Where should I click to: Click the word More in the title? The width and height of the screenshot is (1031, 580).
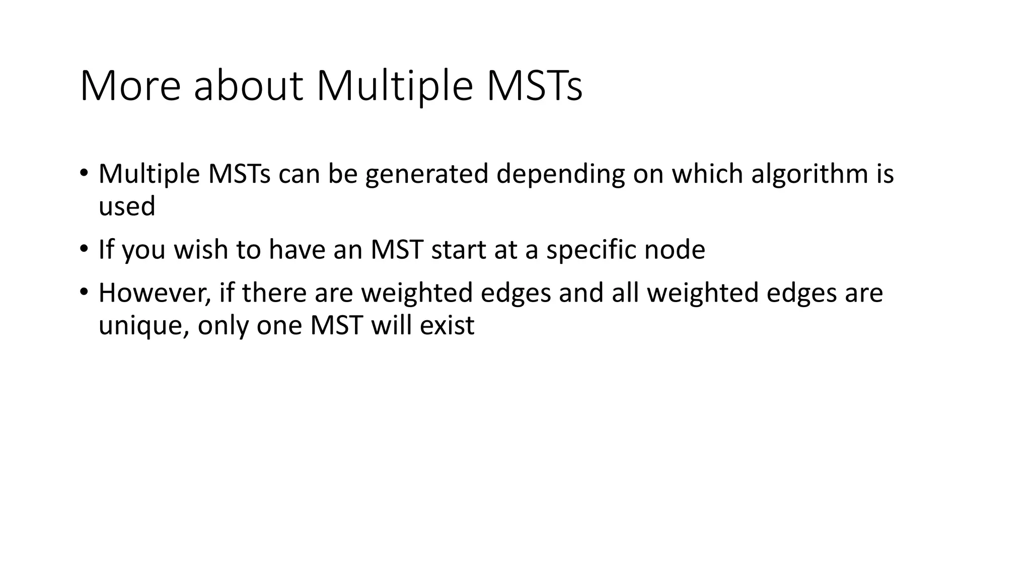(130, 86)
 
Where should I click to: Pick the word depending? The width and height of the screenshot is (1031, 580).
(560, 174)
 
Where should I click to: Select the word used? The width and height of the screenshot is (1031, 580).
(127, 206)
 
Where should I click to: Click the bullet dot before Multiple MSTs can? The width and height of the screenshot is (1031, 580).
(84, 173)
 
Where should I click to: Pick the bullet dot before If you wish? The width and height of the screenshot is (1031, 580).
(84, 249)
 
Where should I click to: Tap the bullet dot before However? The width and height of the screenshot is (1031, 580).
(84, 292)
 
